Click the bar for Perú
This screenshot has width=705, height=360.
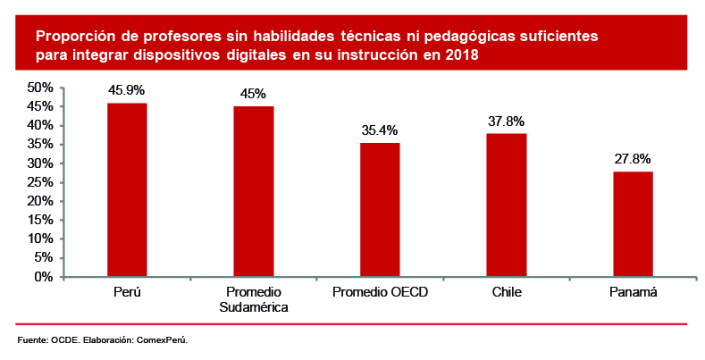tap(127, 189)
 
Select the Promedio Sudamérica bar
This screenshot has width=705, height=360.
tap(254, 191)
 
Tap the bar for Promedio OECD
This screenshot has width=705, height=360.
tap(380, 209)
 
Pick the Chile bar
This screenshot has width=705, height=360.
tap(507, 205)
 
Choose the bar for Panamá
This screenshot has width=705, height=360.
tap(633, 223)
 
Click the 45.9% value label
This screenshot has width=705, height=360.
tap(127, 90)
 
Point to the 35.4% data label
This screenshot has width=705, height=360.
tap(380, 130)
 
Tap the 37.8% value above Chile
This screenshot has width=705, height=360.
tap(507, 121)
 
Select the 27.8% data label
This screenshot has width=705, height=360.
tap(633, 159)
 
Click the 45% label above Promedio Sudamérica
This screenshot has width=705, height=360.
tap(254, 94)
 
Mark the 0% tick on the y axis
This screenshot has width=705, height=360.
tap(45, 277)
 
